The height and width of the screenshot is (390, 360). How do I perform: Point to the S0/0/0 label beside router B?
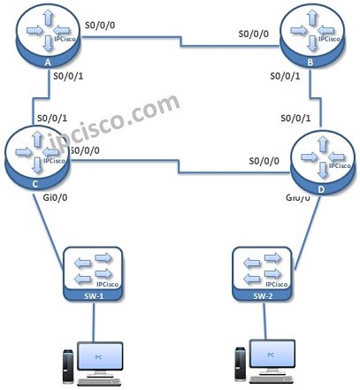pyautogui.click(x=255, y=34)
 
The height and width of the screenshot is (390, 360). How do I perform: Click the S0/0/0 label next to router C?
pyautogui.click(x=83, y=151)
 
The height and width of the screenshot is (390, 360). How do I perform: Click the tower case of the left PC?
pyautogui.click(x=65, y=363)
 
